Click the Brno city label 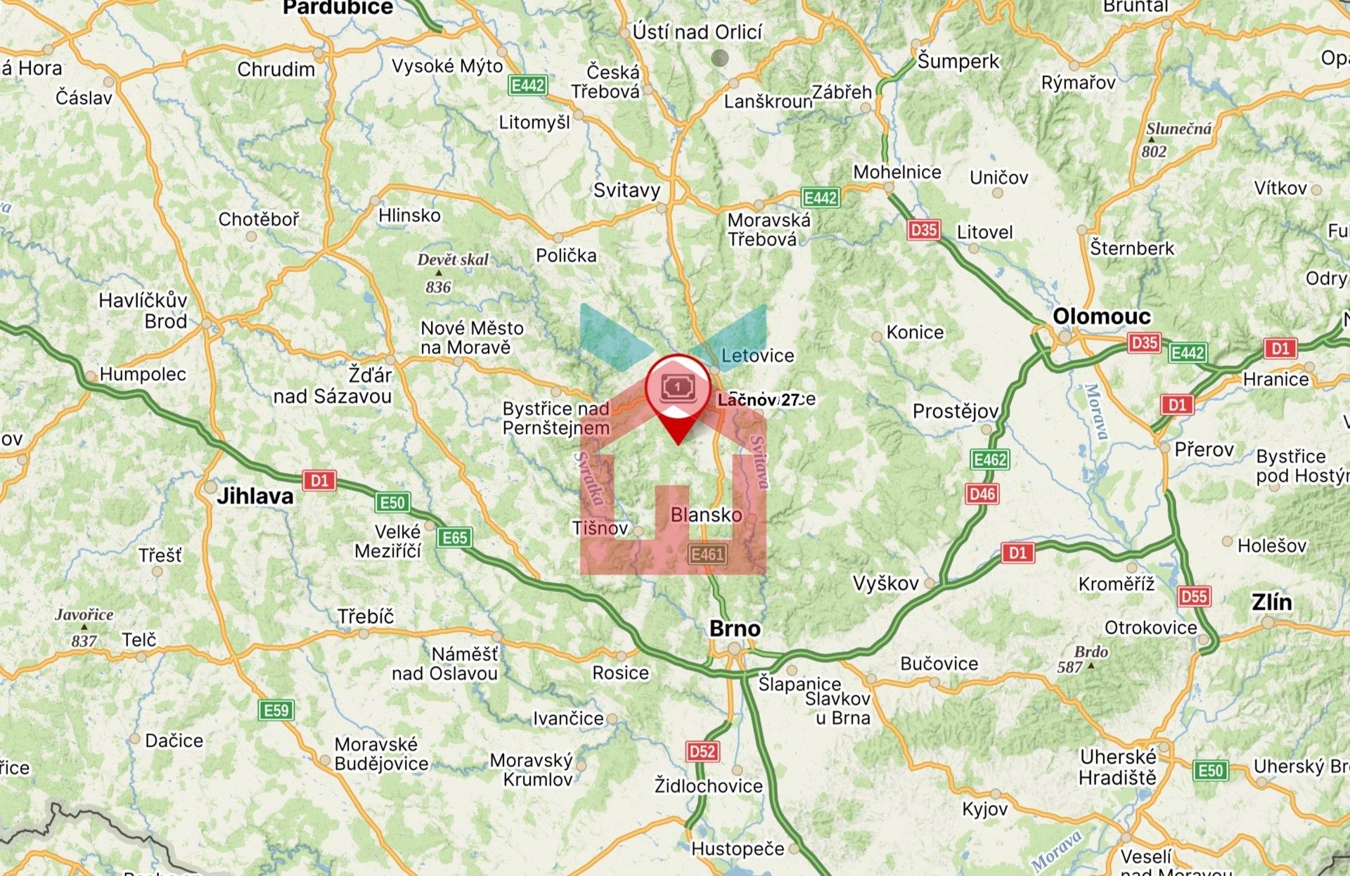point(735,628)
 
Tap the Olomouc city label point(1101,316)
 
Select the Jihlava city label point(255,496)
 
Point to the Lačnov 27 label point(759,400)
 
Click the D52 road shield point(702,752)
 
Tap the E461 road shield point(707,555)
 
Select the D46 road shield point(982,494)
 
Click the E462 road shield point(990,460)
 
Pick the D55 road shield point(1194,597)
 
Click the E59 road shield point(276,710)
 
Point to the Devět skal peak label point(453,259)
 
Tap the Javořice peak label point(84,614)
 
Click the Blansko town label point(706,515)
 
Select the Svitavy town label point(626,190)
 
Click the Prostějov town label point(955,411)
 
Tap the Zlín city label point(1271,602)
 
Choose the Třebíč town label point(366,616)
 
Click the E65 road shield point(454,538)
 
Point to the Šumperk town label point(958,61)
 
